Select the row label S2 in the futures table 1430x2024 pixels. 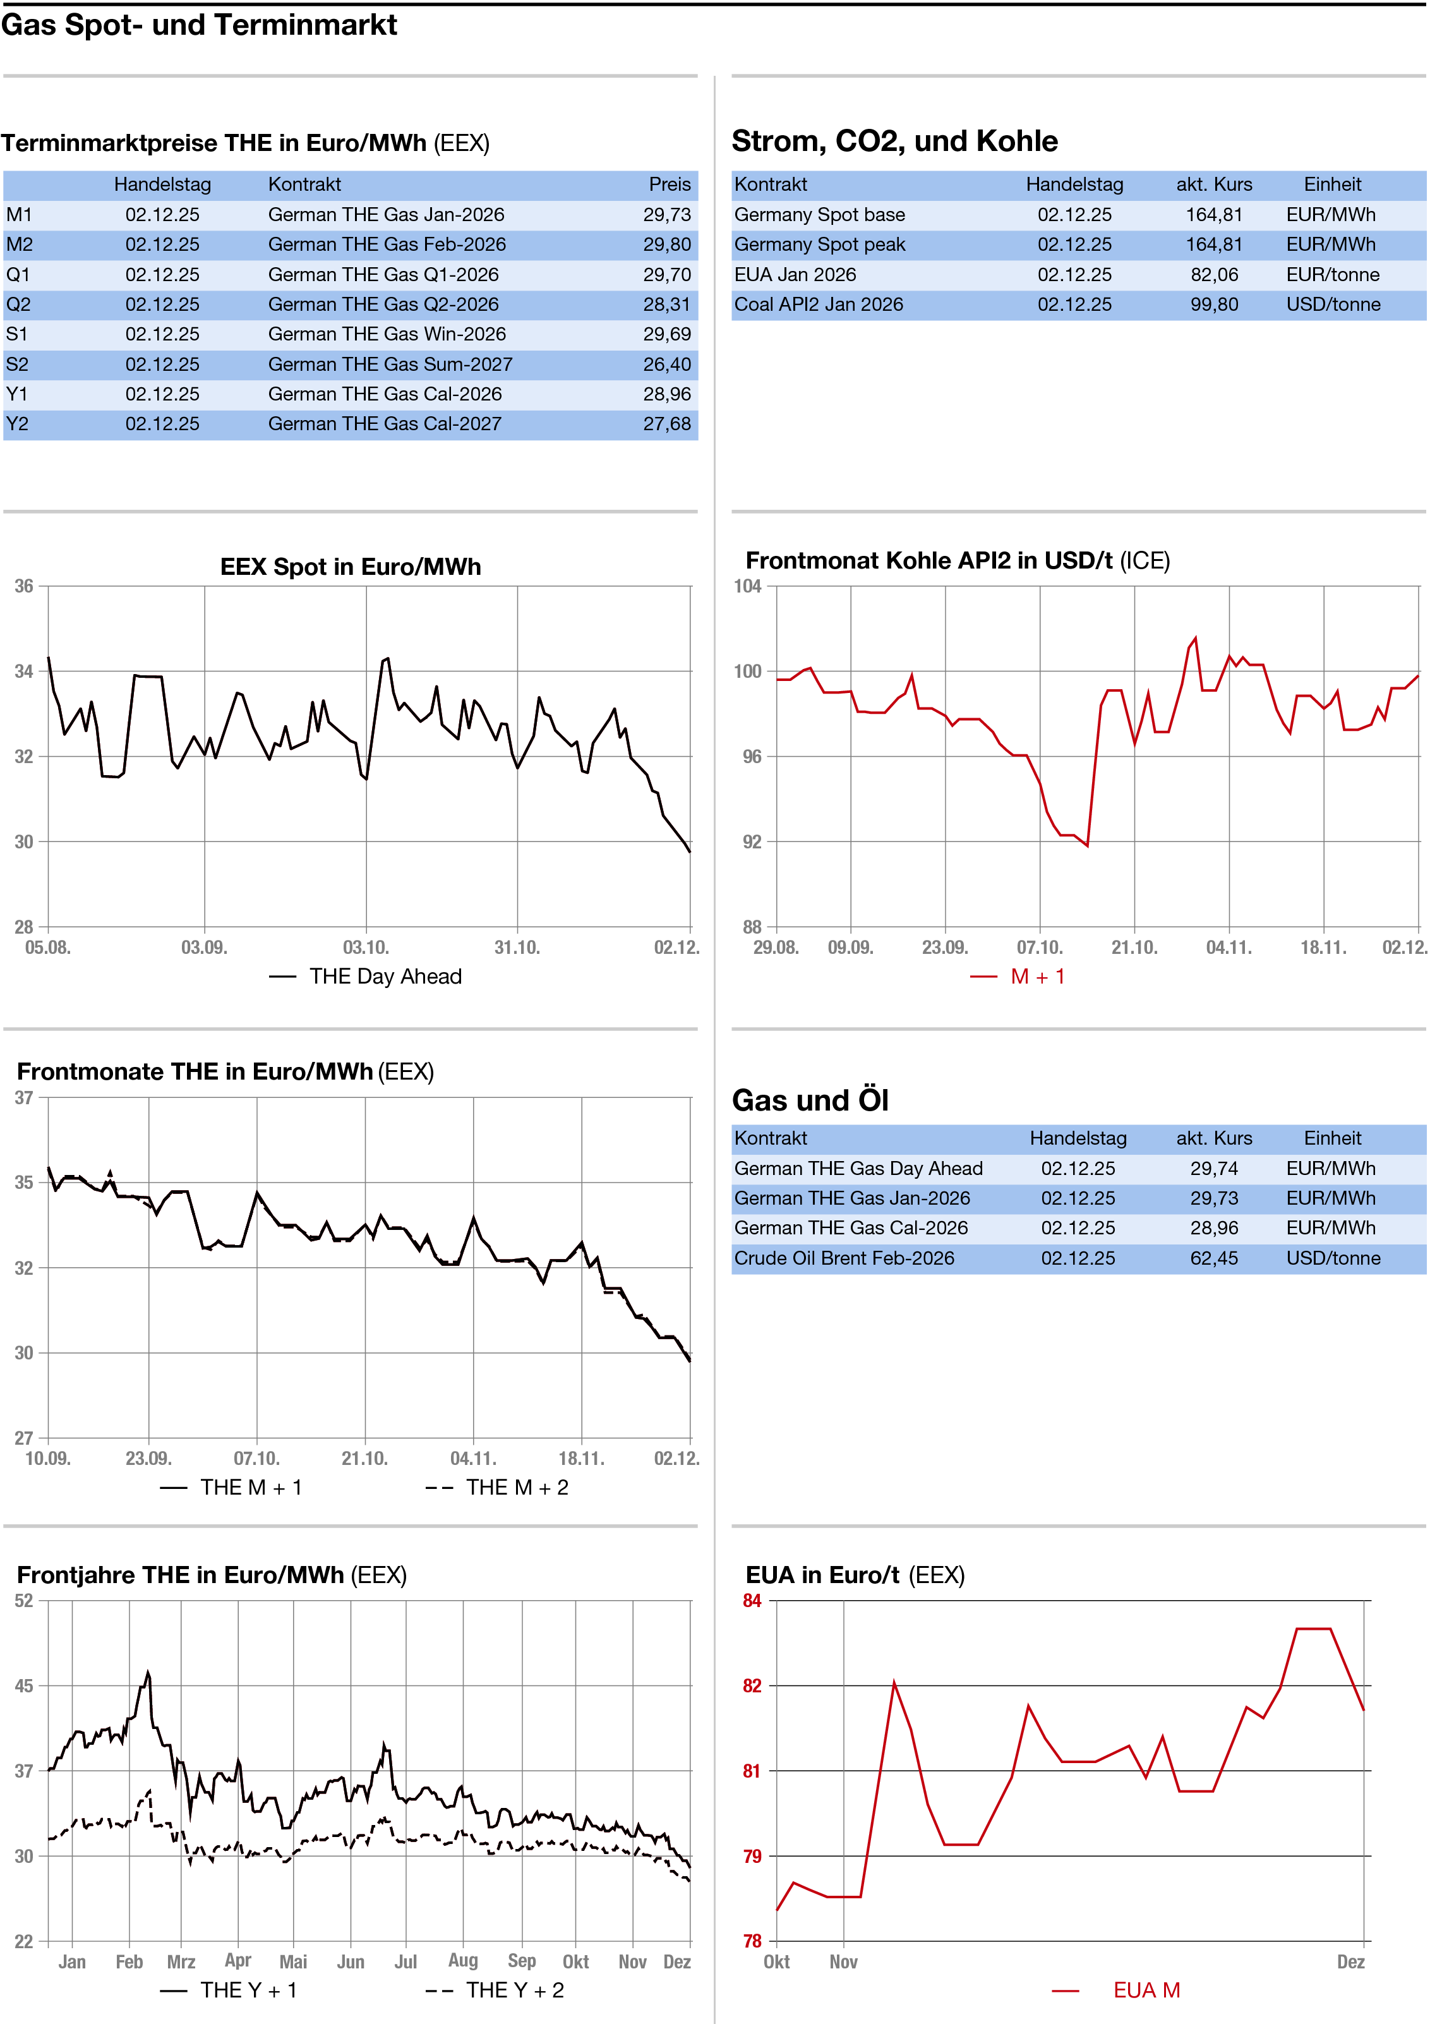point(18,364)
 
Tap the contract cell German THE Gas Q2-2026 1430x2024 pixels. point(383,304)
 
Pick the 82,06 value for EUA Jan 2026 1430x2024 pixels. point(1214,274)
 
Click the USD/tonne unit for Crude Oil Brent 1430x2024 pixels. point(1332,1258)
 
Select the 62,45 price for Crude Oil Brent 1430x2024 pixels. point(1214,1258)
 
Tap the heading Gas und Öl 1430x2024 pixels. point(810,1100)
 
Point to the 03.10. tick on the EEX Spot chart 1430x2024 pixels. point(365,948)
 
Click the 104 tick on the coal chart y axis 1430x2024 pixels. point(748,586)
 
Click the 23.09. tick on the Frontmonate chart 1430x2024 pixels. point(148,1458)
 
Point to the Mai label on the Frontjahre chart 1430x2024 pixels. point(292,1961)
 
